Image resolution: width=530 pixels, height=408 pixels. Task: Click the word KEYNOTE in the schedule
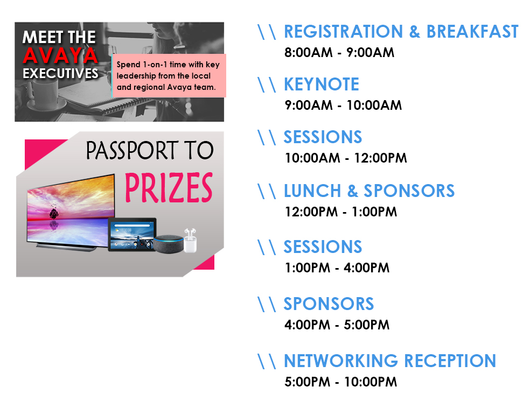[x=321, y=84]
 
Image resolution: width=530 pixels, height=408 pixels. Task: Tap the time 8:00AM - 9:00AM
[x=339, y=53]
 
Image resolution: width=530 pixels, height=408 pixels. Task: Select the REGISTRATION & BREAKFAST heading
[x=401, y=31]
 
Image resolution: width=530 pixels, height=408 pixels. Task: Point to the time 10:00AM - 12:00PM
[x=346, y=158]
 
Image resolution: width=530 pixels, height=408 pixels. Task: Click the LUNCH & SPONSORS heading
[x=369, y=191]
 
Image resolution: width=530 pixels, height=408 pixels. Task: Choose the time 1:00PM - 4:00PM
[x=337, y=268]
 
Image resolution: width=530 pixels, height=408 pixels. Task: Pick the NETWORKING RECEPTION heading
[x=390, y=361]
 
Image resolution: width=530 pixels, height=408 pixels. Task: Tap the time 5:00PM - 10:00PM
[x=341, y=382]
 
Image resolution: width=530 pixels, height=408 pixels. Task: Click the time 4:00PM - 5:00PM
[x=337, y=325]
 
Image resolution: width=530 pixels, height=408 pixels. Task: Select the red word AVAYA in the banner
[x=60, y=55]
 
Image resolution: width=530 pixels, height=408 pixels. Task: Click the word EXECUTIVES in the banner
[x=60, y=73]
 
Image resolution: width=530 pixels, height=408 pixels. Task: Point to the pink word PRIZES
[x=169, y=187]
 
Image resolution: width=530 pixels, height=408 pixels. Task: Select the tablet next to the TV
[x=132, y=234]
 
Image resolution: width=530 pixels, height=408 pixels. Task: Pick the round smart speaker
[x=169, y=244]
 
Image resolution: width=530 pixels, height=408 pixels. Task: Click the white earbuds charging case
[x=190, y=241]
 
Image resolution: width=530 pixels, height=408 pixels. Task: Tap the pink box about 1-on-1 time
[x=169, y=76]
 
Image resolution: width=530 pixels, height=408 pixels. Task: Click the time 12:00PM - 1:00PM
[x=341, y=212]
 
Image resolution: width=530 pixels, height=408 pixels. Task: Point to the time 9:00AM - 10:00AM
[x=343, y=105]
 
